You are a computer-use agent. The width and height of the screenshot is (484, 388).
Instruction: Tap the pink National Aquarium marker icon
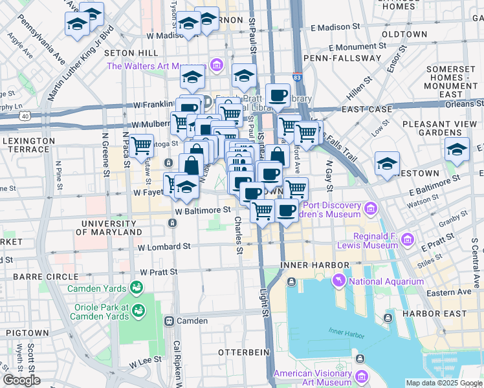point(338,280)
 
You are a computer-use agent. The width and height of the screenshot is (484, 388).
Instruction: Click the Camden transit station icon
point(170,321)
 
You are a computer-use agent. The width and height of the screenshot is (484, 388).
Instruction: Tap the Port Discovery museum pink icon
point(370,208)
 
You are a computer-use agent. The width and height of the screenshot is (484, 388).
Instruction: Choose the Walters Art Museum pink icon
point(217,66)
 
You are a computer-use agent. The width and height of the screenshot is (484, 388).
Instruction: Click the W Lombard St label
point(164,246)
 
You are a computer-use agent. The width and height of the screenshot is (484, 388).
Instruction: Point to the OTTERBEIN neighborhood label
point(242,352)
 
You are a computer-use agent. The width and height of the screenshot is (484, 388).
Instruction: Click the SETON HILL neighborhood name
point(134,52)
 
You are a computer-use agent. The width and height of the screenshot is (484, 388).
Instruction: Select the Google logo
point(21,380)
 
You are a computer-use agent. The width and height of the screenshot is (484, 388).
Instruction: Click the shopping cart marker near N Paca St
point(141,146)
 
